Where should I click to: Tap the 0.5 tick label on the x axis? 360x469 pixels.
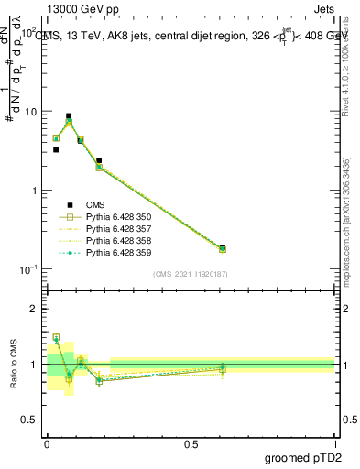point(191,442)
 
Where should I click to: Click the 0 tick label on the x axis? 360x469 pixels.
point(47,442)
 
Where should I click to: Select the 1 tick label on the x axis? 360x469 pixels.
point(334,442)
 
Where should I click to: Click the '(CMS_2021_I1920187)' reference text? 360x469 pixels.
point(191,274)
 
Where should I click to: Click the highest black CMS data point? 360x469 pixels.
point(69,116)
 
